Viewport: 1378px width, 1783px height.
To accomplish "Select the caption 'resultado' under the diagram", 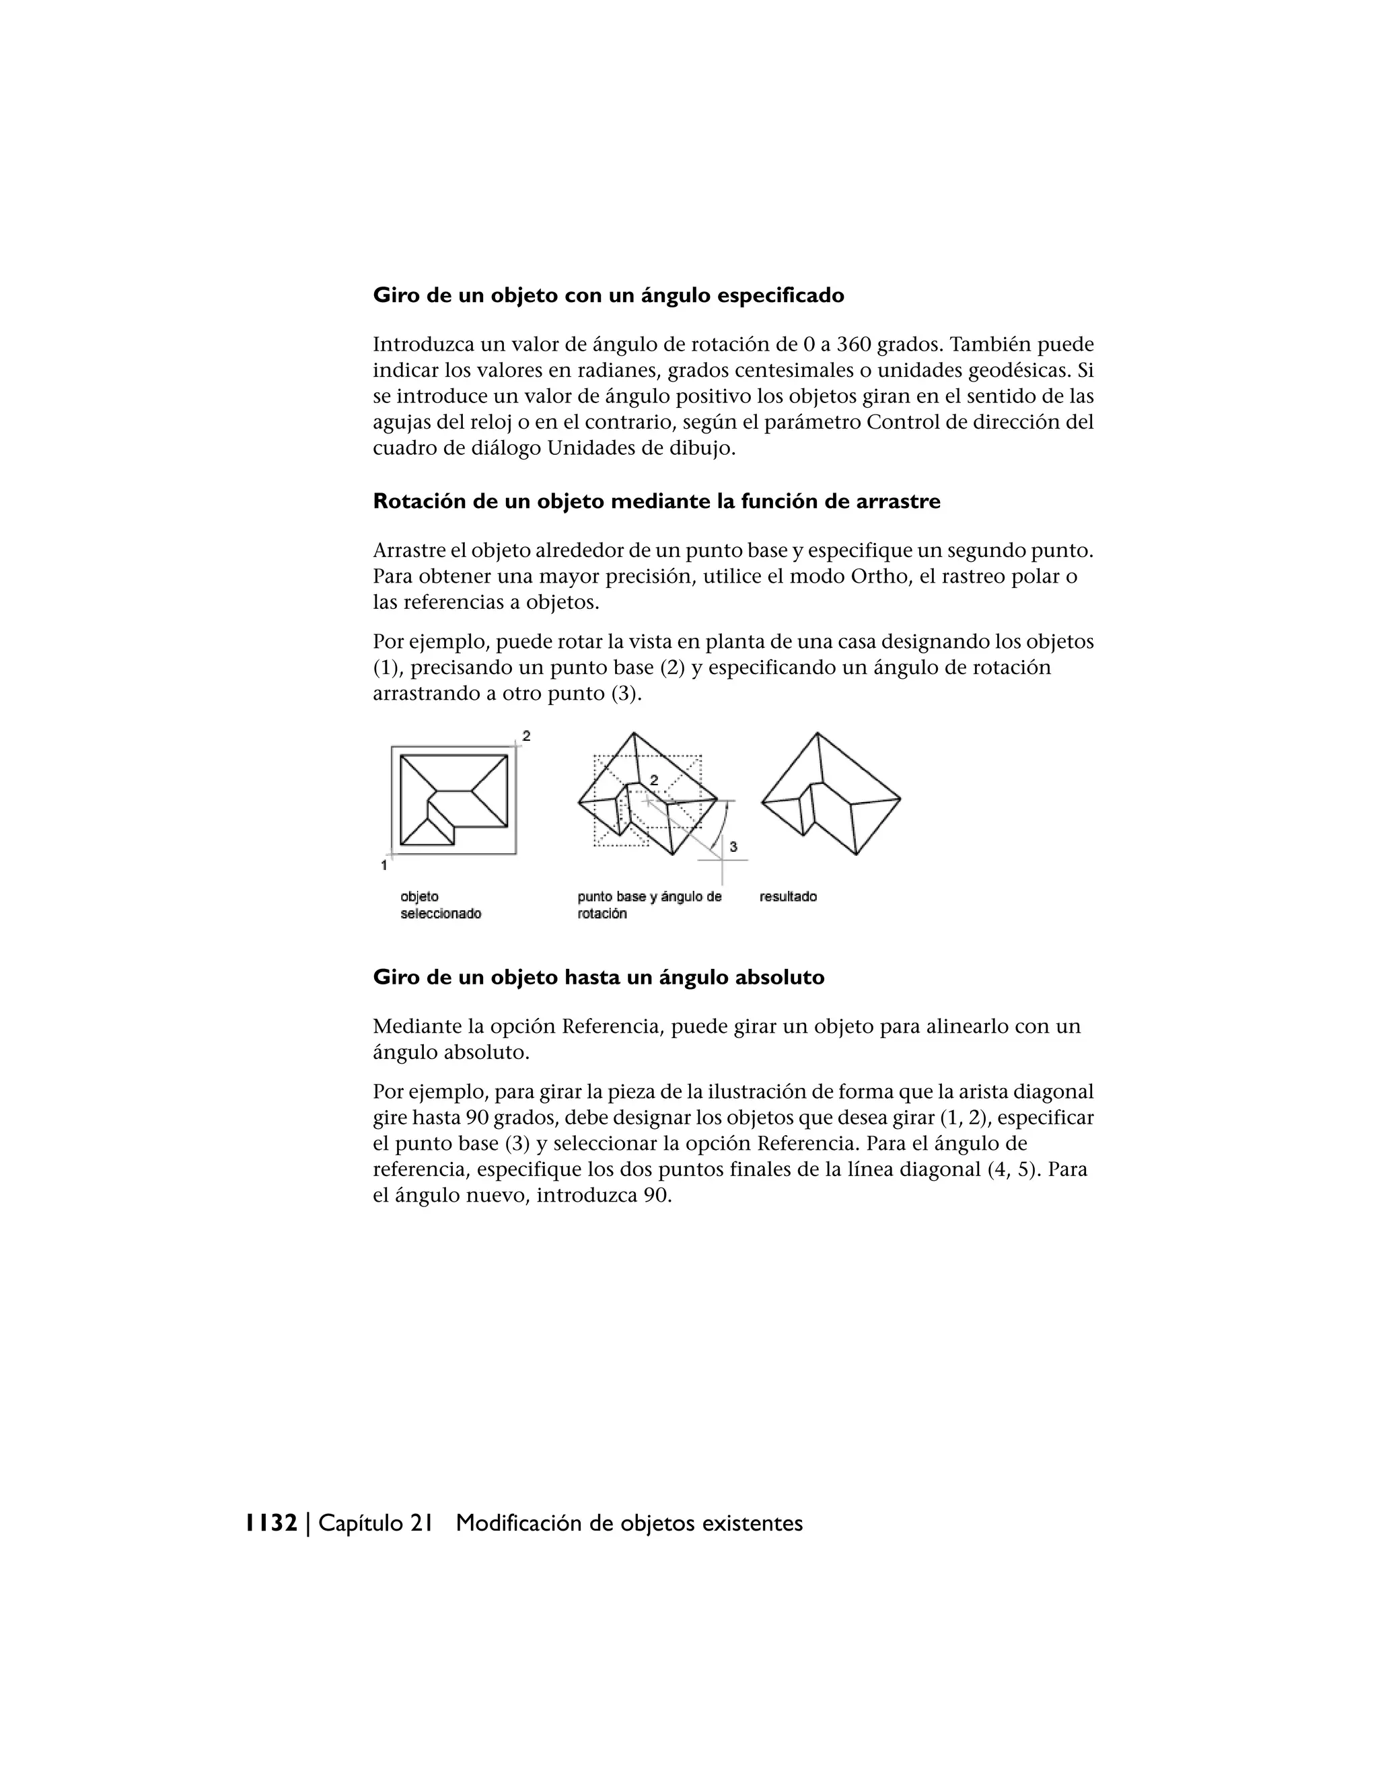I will tap(788, 896).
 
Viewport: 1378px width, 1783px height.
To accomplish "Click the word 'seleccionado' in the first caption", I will tap(441, 914).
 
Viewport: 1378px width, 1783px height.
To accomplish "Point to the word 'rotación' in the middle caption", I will tap(602, 914).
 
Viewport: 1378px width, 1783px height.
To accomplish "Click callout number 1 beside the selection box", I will tap(384, 865).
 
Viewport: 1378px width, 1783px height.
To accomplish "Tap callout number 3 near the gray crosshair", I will tap(733, 846).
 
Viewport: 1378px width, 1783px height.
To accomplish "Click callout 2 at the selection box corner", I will tap(527, 735).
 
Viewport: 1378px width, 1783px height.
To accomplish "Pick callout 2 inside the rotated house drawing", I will tap(654, 780).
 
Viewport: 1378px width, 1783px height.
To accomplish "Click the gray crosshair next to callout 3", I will tap(723, 860).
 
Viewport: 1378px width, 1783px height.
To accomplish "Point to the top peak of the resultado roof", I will tap(817, 733).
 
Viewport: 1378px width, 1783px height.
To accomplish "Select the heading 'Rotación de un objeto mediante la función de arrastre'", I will tap(656, 501).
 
